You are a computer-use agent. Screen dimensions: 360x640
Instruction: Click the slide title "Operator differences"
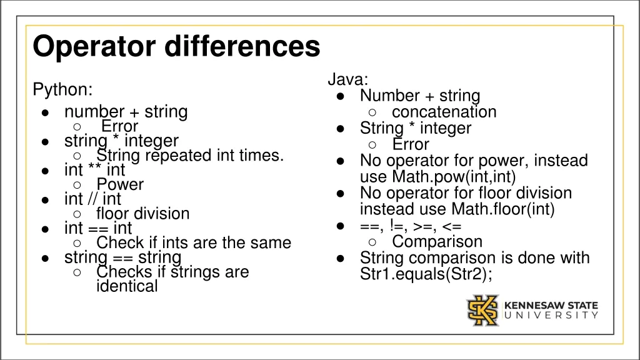pos(176,47)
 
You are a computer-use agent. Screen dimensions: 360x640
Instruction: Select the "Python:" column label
pos(62,90)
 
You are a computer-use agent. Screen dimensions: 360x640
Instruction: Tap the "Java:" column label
pos(348,80)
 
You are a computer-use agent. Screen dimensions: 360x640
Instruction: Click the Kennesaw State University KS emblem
pos(482,311)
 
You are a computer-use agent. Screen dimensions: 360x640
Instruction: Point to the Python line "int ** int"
pos(94,170)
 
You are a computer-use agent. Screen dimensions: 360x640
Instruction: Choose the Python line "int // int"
pos(92,199)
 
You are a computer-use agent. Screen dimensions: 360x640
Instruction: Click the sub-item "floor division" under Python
pos(142,214)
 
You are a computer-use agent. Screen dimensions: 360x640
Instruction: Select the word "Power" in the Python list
pos(120,185)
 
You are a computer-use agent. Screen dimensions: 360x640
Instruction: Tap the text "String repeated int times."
pos(190,156)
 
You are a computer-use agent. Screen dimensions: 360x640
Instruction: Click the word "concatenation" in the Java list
pos(444,112)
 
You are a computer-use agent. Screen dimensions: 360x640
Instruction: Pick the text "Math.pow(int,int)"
pos(454,177)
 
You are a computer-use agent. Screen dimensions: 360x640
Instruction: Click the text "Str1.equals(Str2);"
pos(426,274)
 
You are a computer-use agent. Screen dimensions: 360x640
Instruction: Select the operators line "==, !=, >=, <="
pos(411,226)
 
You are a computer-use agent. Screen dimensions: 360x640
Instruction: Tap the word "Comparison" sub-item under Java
pos(437,242)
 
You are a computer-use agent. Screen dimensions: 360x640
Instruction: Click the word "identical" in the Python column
pos(127,287)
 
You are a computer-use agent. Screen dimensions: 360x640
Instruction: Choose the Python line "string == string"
pos(122,257)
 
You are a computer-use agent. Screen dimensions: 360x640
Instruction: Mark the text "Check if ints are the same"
pos(194,243)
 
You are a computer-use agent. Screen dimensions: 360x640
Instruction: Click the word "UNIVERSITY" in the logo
pos(551,316)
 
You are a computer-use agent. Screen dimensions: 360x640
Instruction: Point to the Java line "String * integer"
pos(415,128)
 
